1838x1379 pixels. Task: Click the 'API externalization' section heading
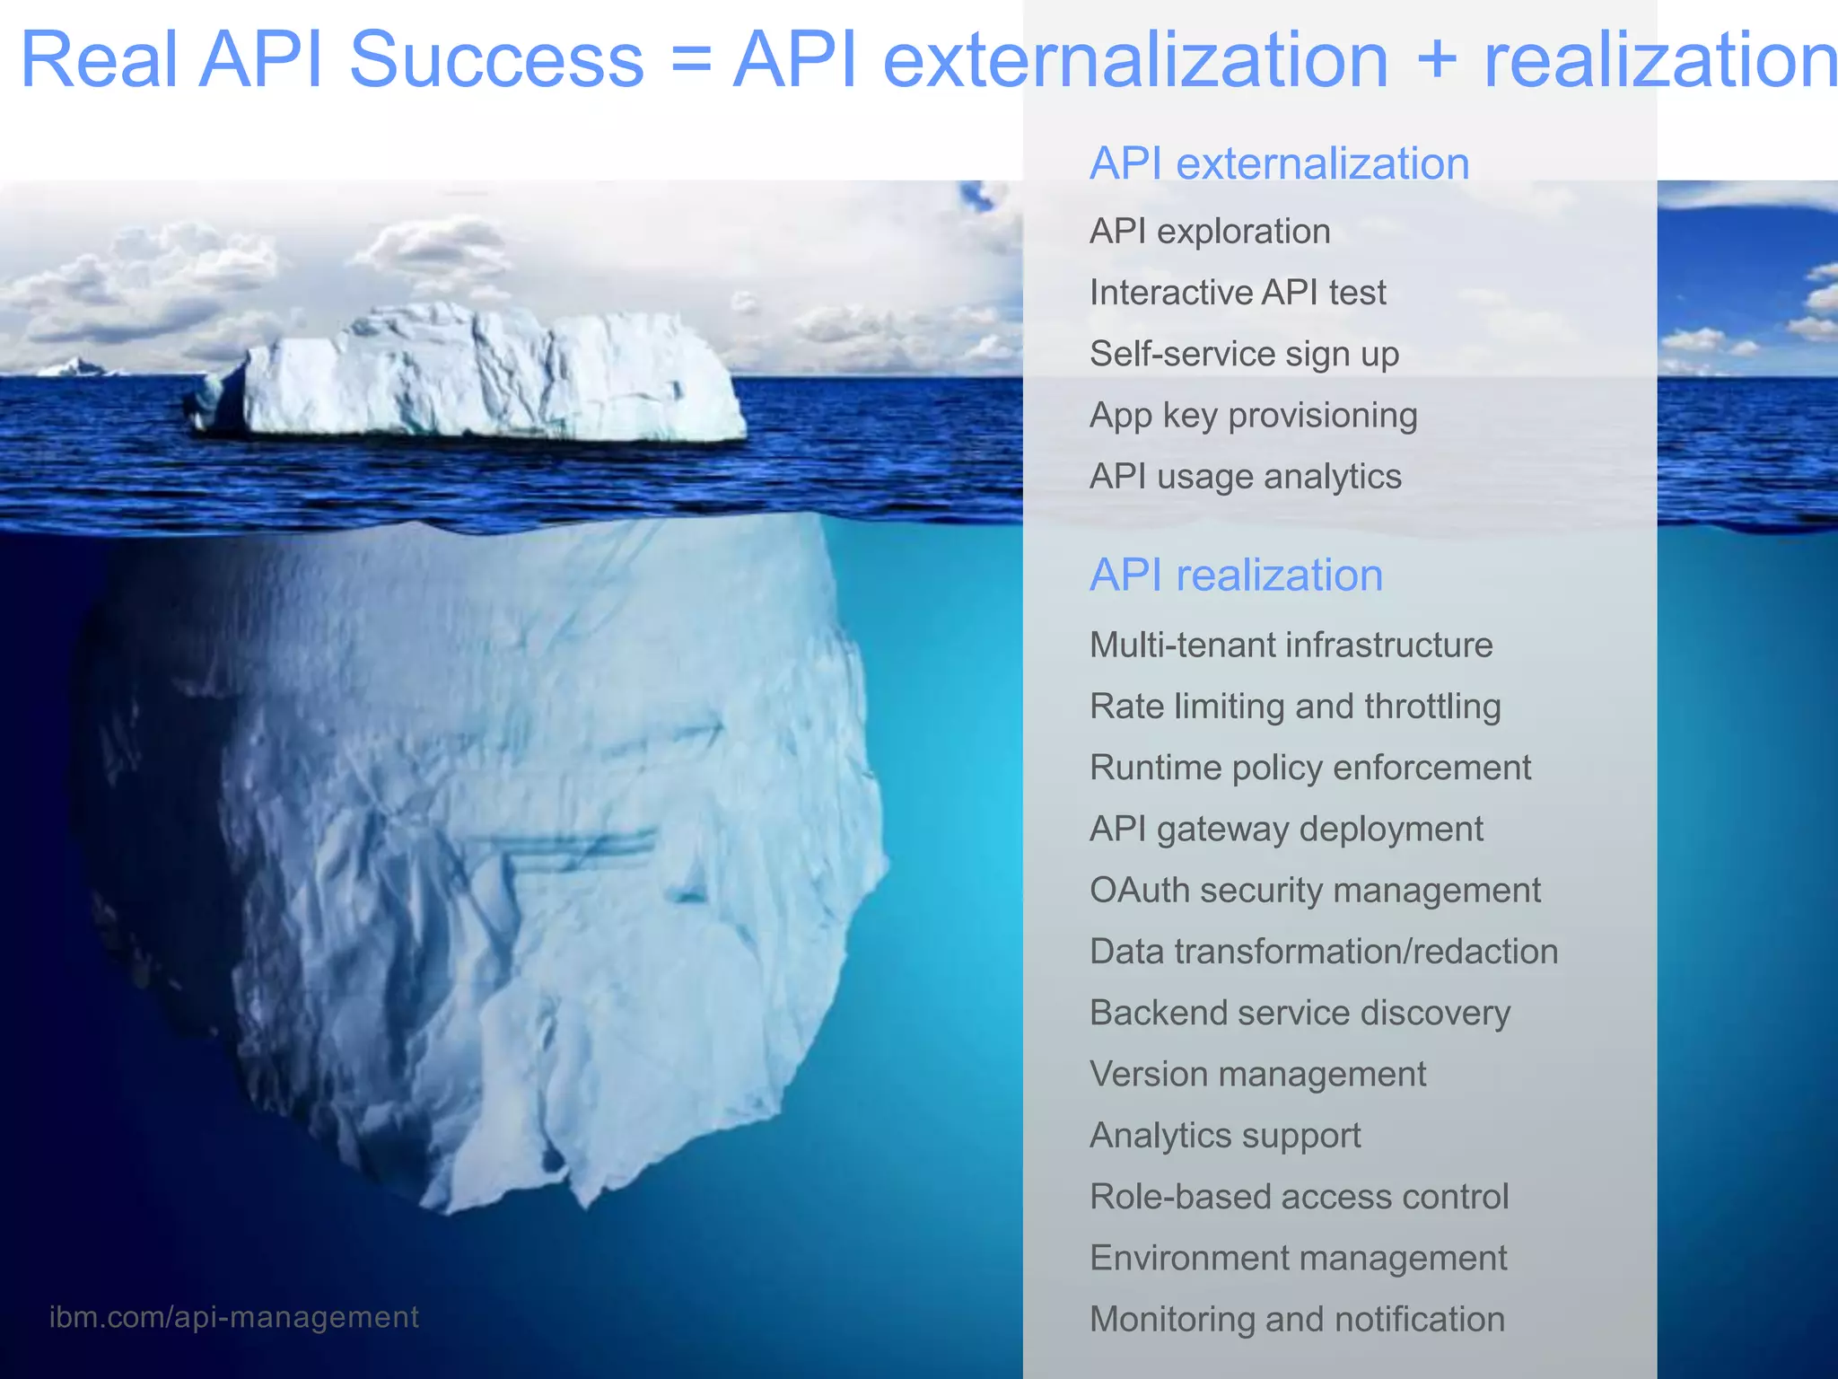coord(1279,164)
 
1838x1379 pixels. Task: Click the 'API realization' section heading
coord(1236,575)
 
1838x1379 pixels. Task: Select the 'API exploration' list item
coord(1209,232)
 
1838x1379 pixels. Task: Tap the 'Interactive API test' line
coord(1238,293)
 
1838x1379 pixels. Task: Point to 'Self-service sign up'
coord(1244,355)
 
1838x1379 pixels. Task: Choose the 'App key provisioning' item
coord(1253,416)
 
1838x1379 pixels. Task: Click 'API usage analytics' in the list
coord(1245,477)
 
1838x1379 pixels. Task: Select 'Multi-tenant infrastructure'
coord(1291,646)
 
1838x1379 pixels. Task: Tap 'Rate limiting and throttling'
coord(1295,707)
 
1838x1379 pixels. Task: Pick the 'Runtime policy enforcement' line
coord(1309,769)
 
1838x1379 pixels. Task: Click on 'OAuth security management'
coord(1315,891)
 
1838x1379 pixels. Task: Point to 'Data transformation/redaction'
coord(1324,952)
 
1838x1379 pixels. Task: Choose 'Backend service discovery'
coord(1300,1014)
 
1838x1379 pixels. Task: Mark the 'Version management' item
coord(1257,1075)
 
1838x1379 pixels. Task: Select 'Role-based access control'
coord(1299,1198)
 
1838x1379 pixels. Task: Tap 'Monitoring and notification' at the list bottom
coord(1297,1320)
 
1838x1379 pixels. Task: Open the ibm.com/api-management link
coord(233,1317)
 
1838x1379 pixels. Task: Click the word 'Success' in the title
coord(496,60)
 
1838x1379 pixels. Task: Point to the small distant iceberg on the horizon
coord(75,366)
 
